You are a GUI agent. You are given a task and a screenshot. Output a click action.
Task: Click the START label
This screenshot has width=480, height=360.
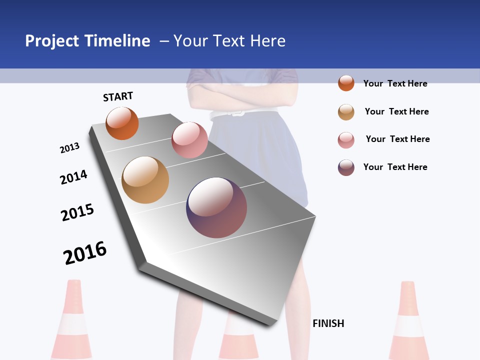pos(118,96)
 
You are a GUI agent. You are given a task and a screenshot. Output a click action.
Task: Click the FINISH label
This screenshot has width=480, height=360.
pos(328,323)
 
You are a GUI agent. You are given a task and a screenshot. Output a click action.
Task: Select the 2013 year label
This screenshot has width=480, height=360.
pos(69,148)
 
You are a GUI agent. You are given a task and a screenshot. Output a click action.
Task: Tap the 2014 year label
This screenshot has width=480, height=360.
pos(73,177)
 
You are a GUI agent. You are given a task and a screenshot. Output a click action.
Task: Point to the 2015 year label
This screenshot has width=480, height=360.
pos(77,212)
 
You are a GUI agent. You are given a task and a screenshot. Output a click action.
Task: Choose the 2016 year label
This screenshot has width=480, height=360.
pos(85,252)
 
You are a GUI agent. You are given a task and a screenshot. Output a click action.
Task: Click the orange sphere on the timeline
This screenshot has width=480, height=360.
pos(122,123)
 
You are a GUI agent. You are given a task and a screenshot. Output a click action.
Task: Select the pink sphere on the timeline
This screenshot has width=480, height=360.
pos(189,139)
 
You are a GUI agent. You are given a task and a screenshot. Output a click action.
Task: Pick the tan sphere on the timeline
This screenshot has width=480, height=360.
pos(145,180)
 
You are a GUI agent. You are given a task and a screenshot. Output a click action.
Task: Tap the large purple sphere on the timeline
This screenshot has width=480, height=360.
pos(216,207)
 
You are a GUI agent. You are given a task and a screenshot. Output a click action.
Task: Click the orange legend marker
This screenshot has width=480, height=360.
pos(346,83)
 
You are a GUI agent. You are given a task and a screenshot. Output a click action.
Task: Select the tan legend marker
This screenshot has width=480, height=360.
pos(346,112)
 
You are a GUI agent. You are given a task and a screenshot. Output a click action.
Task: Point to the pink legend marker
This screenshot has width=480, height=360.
pos(346,140)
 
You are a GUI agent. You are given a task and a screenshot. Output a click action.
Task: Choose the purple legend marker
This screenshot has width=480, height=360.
pos(346,167)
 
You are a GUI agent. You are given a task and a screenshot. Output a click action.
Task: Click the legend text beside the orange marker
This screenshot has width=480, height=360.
pos(395,83)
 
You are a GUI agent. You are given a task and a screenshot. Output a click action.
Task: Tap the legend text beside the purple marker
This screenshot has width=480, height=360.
pos(395,167)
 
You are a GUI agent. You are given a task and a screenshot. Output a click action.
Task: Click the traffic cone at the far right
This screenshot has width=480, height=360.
pos(409,320)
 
